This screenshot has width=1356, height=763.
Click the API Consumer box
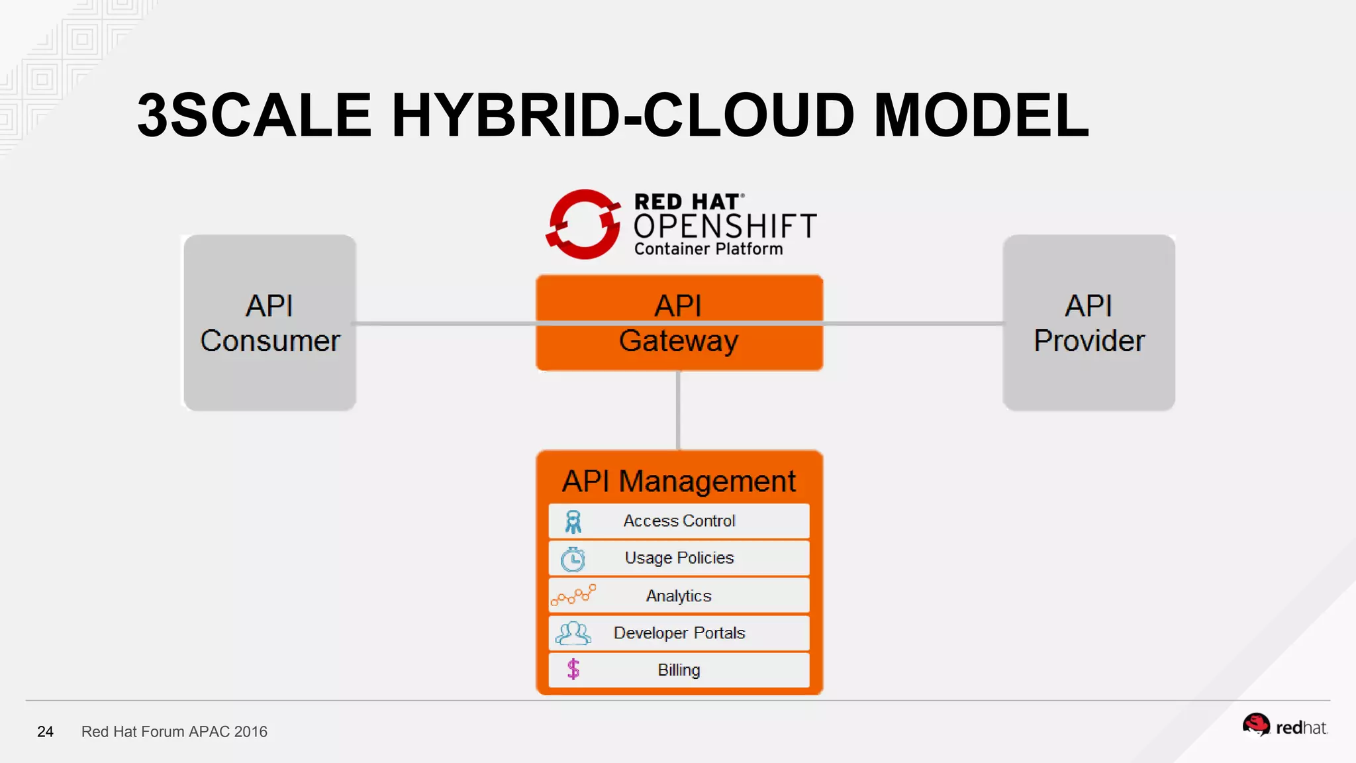click(269, 323)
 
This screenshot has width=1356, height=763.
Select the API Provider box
click(1089, 323)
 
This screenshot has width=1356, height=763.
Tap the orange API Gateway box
click(679, 323)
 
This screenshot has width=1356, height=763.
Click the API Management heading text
click(679, 482)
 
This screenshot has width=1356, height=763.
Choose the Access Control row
click(679, 521)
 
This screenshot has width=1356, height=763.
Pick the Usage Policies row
click(679, 558)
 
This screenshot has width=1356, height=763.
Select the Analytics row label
click(679, 596)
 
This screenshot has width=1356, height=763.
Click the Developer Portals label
click(679, 633)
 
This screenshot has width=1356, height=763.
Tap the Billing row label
click(679, 670)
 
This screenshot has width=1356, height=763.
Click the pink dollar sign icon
click(573, 670)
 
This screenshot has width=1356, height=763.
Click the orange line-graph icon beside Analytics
click(573, 595)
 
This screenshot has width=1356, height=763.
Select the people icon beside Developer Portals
click(573, 634)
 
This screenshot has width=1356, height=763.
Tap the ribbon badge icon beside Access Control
click(573, 522)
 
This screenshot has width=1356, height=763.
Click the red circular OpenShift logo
click(583, 225)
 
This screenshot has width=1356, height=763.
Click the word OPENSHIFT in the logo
click(725, 227)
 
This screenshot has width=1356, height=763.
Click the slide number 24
click(45, 732)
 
